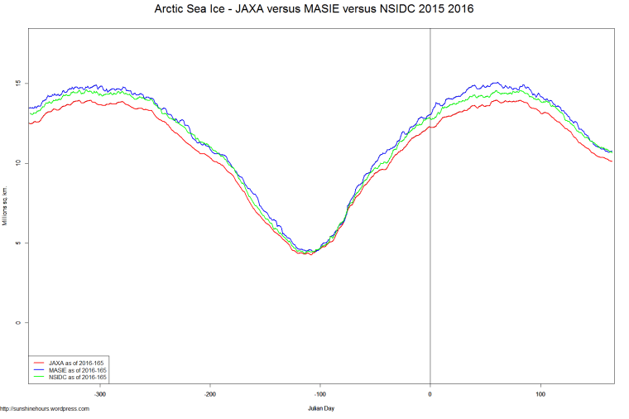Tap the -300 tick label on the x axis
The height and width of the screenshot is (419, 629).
pos(100,394)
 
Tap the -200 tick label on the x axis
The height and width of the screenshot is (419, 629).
pos(210,394)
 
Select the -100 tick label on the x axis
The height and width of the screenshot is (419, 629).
pos(320,394)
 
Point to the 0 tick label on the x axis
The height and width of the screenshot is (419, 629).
pos(430,394)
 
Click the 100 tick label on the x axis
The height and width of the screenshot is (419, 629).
pos(540,394)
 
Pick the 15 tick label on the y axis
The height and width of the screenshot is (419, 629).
pos(17,84)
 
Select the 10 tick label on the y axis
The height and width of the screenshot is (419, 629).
pos(17,163)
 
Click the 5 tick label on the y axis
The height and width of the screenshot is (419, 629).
pos(17,243)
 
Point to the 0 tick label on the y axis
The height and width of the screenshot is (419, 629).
pos(17,322)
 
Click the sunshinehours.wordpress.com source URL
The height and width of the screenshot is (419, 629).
pos(45,408)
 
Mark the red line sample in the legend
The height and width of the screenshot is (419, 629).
pos(39,362)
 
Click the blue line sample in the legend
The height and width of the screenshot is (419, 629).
pos(39,369)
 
